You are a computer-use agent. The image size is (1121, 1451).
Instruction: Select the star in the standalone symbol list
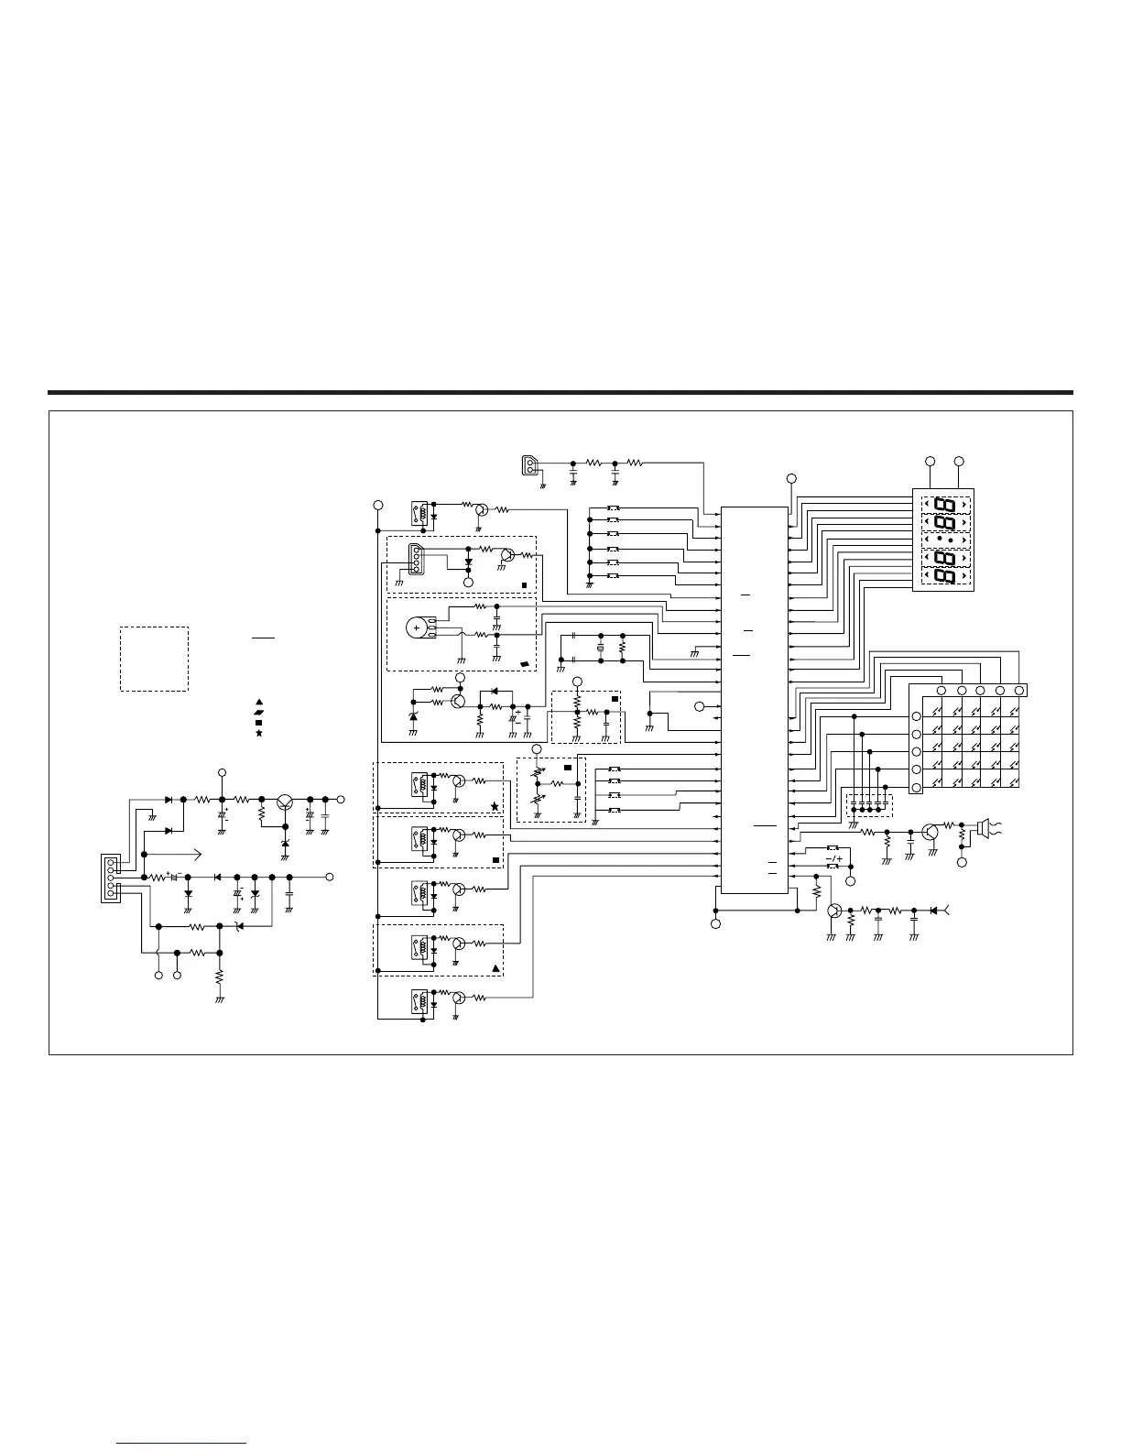[259, 734]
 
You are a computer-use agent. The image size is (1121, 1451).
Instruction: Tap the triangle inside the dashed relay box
[495, 968]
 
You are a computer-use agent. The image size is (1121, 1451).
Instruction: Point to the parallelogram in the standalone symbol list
[259, 712]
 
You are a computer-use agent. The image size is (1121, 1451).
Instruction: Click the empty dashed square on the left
[154, 659]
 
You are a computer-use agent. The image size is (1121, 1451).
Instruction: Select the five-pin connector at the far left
[110, 878]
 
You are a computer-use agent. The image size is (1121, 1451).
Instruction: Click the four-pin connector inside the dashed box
[416, 559]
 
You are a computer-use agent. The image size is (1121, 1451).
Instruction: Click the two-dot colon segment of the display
[946, 540]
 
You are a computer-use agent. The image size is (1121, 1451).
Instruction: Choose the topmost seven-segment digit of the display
[946, 505]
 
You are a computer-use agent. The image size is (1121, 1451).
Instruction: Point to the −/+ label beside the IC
[833, 859]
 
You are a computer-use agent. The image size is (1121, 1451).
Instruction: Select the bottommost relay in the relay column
[420, 998]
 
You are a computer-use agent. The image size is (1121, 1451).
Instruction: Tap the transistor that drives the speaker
[931, 832]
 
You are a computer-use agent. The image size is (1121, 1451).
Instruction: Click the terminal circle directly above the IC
[792, 478]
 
